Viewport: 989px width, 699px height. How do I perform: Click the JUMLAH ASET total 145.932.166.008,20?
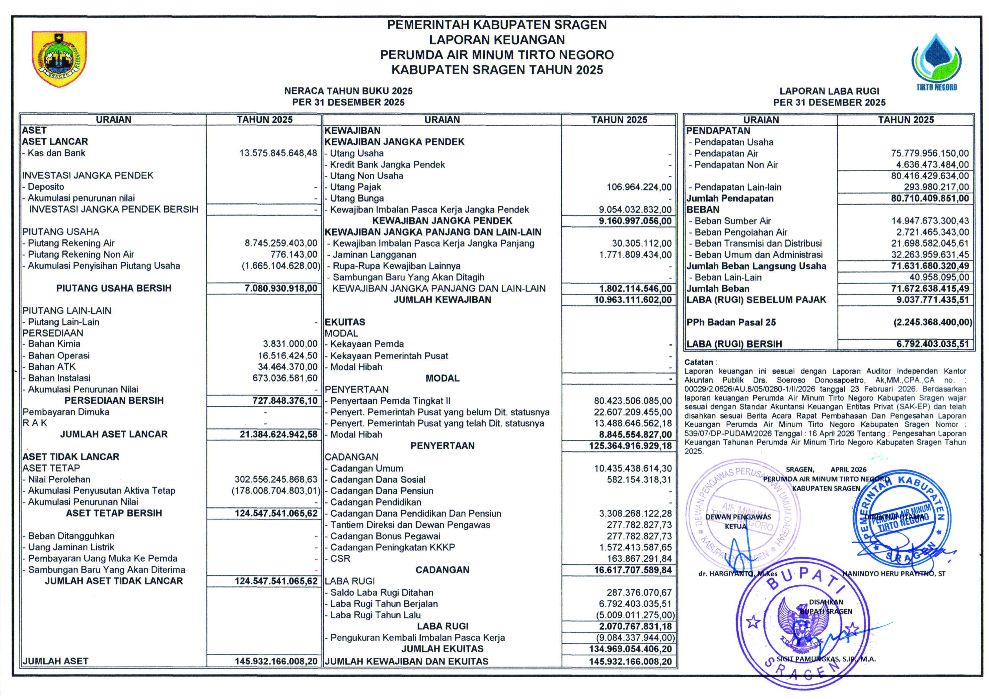276,661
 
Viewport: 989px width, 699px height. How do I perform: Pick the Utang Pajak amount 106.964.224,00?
639,187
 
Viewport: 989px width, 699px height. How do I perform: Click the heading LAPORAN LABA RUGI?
829,91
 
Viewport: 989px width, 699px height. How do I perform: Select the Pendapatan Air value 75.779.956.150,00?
930,153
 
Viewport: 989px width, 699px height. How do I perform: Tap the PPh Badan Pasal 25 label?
731,322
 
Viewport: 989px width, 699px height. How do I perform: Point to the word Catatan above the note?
698,362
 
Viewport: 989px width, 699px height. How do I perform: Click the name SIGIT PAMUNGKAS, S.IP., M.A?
826,659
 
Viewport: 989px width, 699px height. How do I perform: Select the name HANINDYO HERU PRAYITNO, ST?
894,574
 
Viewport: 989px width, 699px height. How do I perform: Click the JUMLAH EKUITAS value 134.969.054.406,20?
630,649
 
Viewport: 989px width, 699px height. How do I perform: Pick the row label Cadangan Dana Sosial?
377,479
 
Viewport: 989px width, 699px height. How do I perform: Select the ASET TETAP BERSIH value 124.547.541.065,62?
276,513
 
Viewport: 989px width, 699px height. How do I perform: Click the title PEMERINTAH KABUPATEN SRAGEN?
497,25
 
